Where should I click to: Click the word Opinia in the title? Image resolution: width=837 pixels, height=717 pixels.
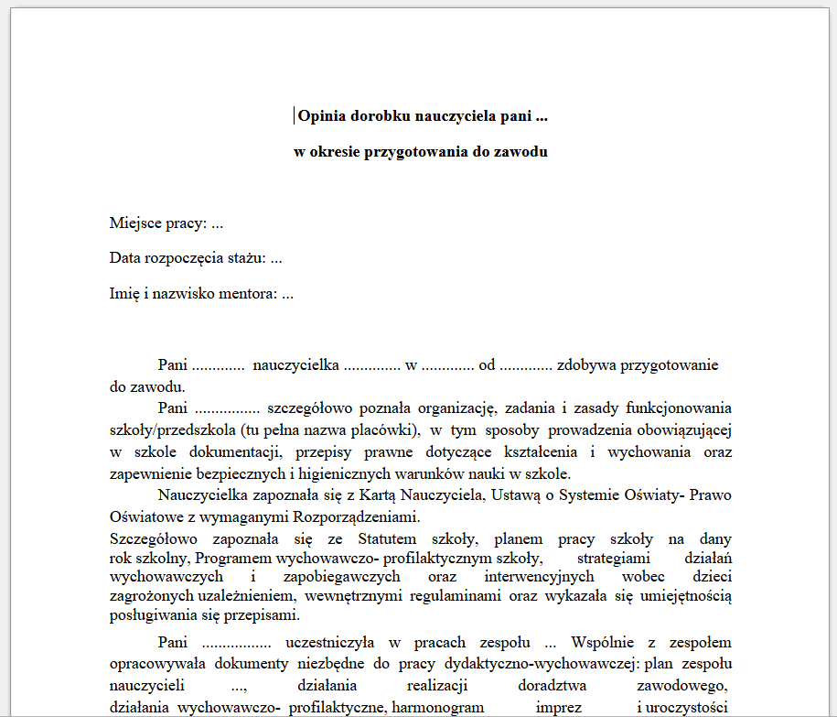[319, 116]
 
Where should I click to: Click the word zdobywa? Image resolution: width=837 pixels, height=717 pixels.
[586, 364]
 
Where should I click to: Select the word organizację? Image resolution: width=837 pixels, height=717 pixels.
[453, 407]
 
